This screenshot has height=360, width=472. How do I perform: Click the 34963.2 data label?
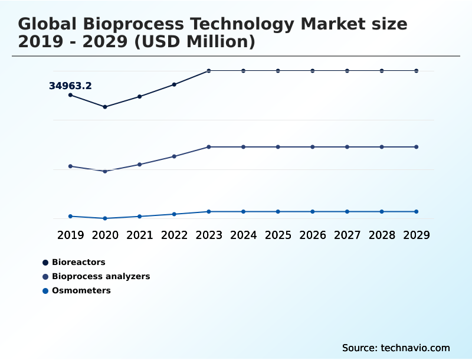click(70, 86)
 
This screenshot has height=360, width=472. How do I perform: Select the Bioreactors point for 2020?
click(105, 107)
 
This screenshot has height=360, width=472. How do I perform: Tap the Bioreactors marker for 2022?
click(174, 84)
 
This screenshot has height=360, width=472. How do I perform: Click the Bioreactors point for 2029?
click(416, 71)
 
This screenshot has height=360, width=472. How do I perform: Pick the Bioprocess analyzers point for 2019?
click(70, 166)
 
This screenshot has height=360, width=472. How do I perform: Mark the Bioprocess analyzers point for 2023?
click(209, 147)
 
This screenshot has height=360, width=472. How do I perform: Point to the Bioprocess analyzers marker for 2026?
click(313, 147)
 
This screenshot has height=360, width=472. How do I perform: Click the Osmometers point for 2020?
click(105, 218)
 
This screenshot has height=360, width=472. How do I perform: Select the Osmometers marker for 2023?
click(209, 211)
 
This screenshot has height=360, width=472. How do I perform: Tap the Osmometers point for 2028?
click(382, 211)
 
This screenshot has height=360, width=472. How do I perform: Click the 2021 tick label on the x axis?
click(140, 235)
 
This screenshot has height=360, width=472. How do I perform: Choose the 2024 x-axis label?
click(243, 235)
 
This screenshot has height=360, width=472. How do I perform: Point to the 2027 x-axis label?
click(347, 235)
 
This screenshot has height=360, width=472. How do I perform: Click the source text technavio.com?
click(396, 348)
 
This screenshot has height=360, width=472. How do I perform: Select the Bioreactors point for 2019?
click(70, 95)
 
